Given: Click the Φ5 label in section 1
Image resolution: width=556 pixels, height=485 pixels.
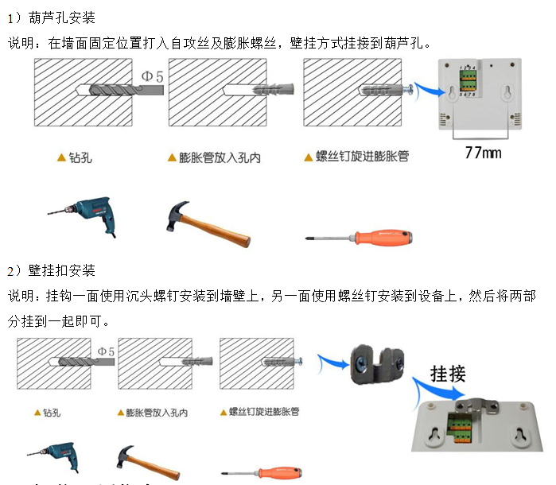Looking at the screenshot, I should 152,76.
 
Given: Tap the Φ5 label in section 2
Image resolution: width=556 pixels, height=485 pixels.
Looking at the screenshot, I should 106,351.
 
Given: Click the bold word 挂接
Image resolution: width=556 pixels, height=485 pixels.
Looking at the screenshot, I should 447,373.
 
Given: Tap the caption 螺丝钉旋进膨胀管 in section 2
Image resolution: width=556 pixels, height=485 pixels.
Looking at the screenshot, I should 263,412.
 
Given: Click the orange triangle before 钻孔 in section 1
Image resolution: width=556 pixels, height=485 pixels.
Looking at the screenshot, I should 61,157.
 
